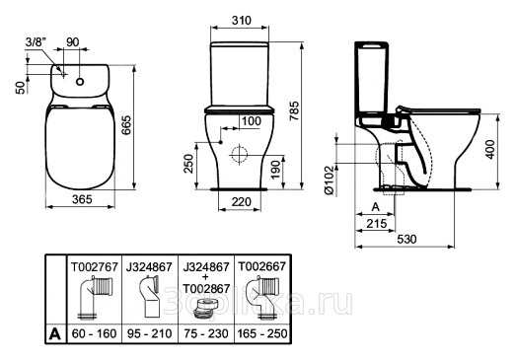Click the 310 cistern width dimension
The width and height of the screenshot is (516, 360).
241,21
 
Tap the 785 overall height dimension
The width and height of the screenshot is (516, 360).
295,110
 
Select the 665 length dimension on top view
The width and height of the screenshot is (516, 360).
126,125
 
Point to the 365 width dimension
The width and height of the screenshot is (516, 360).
82,199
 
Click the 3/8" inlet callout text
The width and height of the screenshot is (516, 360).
37,42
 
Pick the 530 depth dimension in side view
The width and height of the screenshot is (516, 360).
406,240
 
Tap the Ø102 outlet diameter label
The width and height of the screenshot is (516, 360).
331,180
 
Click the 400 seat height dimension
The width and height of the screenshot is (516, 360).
489,150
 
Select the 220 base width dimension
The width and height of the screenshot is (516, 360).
241,201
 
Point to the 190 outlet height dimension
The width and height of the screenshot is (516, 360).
276,170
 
